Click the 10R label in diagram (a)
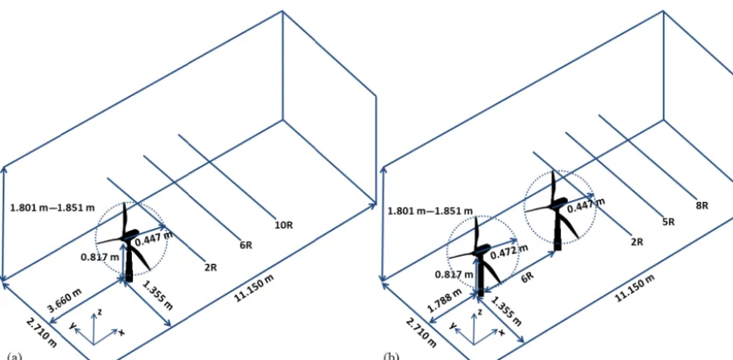[x=284, y=225]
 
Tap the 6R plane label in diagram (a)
[x=245, y=244]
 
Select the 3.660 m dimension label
[x=65, y=301]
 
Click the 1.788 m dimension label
[x=444, y=301]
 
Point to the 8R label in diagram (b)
[x=702, y=204]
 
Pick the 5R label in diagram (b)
[x=668, y=222]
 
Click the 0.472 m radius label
[x=509, y=252]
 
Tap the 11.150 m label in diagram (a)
[x=254, y=288]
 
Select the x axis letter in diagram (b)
[x=501, y=332]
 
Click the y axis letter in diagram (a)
[x=73, y=324]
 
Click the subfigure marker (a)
[x=15, y=357]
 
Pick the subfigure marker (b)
[x=391, y=357]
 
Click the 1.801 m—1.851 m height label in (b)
[x=430, y=211]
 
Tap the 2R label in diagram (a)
[x=211, y=268]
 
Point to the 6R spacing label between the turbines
[x=528, y=277]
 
